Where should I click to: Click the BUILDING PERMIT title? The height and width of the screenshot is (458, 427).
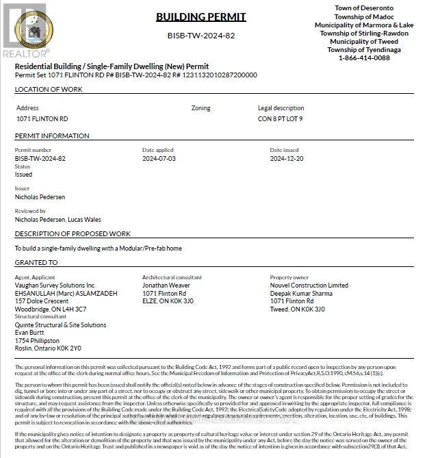[x=200, y=16]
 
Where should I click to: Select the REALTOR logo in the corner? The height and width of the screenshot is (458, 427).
[x=25, y=31]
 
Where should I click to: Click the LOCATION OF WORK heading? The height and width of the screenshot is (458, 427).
[x=49, y=90]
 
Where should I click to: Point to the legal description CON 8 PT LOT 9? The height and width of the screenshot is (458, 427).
[x=281, y=118]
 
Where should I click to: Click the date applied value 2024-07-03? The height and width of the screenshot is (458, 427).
[x=159, y=158]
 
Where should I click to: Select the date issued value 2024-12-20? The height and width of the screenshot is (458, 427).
[x=287, y=158]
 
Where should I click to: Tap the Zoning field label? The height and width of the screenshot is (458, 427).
[x=200, y=108]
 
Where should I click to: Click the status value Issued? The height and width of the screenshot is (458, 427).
[x=24, y=175]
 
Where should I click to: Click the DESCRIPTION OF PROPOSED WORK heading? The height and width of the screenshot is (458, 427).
[x=73, y=234]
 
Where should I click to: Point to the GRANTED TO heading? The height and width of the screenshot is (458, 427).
[x=36, y=262]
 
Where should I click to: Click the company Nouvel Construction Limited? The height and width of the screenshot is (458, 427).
[x=309, y=285]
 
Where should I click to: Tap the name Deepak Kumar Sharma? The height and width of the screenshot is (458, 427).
[x=302, y=293]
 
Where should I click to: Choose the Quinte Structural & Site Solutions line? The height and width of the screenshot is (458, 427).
[x=60, y=325]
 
